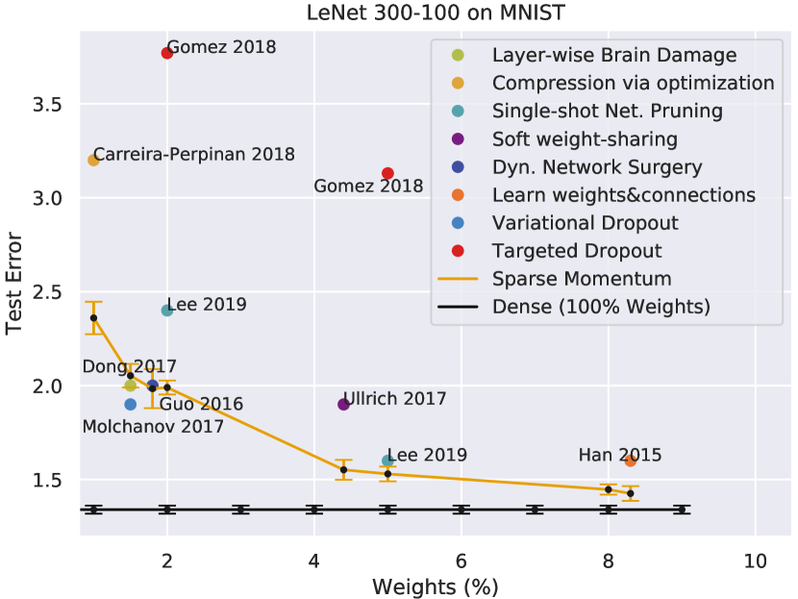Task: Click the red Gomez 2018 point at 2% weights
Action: coord(167,53)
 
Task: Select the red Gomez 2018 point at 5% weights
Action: coord(387,173)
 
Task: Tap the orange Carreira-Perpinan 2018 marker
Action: coord(93,160)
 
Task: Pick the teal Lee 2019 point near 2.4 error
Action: coord(167,310)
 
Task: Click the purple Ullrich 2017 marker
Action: coord(343,404)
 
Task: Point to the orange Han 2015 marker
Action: coord(631,461)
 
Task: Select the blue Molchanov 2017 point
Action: coord(131,404)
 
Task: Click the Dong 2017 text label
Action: coord(129,366)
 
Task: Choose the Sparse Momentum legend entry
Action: coord(581,279)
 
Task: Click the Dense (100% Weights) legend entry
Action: coord(601,308)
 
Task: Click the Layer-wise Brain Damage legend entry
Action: coord(614,55)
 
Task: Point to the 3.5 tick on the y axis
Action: coord(54,104)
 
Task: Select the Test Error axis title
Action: coord(15,280)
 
